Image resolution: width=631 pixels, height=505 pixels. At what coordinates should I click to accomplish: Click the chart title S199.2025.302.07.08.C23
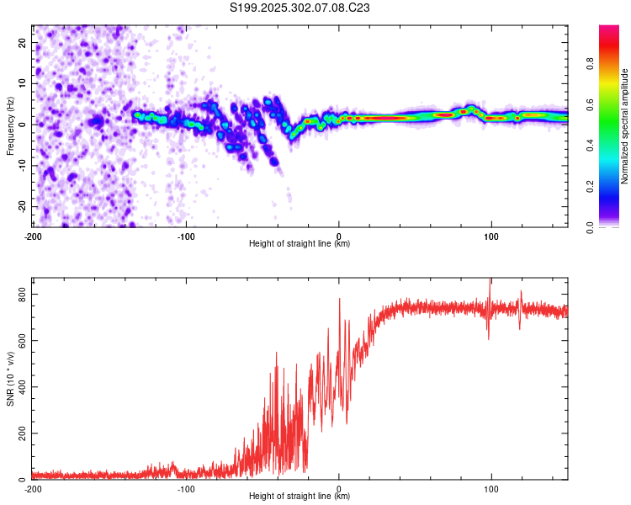[x=300, y=8]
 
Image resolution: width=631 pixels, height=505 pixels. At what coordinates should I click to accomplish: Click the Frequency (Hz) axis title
[x=10, y=126]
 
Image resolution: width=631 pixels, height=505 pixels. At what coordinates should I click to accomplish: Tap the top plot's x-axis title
[x=300, y=244]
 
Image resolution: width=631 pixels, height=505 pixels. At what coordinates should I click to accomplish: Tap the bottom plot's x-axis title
[x=300, y=497]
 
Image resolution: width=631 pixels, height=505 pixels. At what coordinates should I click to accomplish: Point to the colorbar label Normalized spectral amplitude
[x=625, y=126]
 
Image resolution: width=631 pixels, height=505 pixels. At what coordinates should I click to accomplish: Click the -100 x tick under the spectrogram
[x=186, y=236]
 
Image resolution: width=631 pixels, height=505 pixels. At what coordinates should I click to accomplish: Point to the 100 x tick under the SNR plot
[x=490, y=488]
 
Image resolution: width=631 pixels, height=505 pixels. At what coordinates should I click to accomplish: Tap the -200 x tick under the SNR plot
[x=34, y=488]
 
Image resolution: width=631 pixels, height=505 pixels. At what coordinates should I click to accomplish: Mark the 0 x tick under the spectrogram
[x=338, y=236]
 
